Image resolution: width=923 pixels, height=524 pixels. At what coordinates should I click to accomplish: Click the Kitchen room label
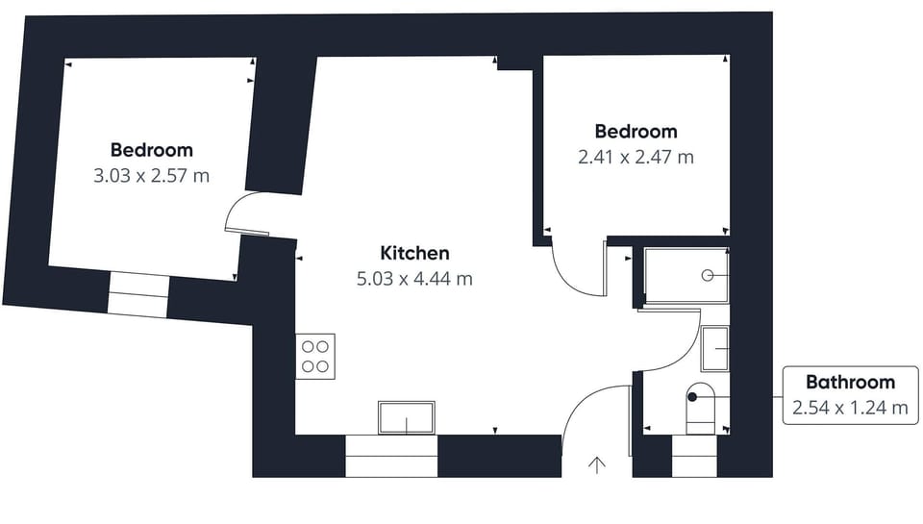pyautogui.click(x=415, y=253)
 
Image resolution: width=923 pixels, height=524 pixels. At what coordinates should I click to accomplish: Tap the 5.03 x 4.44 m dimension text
pyautogui.click(x=414, y=279)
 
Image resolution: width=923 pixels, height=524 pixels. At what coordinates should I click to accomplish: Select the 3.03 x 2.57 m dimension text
pyautogui.click(x=151, y=175)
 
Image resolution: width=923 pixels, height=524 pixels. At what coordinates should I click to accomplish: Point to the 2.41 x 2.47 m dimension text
pyautogui.click(x=636, y=158)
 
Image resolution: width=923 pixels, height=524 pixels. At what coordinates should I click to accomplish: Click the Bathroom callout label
pyautogui.click(x=850, y=382)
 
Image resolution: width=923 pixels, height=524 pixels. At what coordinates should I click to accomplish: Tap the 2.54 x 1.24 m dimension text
pyautogui.click(x=850, y=408)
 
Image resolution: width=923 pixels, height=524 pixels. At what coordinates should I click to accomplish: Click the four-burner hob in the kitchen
pyautogui.click(x=315, y=357)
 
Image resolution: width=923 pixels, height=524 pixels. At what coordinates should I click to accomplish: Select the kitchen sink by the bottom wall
pyautogui.click(x=406, y=418)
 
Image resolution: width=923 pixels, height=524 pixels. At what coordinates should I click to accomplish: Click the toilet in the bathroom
pyautogui.click(x=701, y=409)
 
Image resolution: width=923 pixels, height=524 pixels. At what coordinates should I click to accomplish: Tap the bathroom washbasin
pyautogui.click(x=715, y=349)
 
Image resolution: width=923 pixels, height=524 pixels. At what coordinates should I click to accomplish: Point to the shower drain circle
pyautogui.click(x=708, y=275)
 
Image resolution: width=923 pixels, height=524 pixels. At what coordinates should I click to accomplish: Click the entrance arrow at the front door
pyautogui.click(x=597, y=465)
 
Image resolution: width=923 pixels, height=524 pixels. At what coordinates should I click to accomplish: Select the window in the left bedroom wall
pyautogui.click(x=138, y=293)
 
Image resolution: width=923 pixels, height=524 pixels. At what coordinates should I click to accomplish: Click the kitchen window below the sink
pyautogui.click(x=391, y=456)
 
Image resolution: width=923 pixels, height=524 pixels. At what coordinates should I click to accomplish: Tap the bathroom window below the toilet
pyautogui.click(x=694, y=456)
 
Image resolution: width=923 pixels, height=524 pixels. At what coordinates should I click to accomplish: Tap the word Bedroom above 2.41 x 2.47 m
pyautogui.click(x=636, y=132)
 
